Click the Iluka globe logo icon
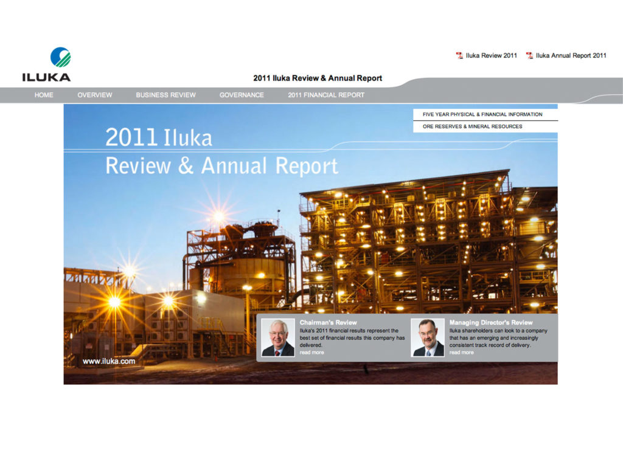[60, 57]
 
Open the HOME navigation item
[44, 95]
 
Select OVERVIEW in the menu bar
[94, 95]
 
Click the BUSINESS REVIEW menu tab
[165, 95]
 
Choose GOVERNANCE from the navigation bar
[242, 95]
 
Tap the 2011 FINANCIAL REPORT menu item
[326, 95]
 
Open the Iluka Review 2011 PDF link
[491, 55]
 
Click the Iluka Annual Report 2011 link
[571, 55]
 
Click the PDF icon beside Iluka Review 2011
[459, 55]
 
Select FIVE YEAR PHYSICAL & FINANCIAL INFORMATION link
[482, 114]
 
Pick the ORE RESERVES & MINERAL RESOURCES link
[472, 126]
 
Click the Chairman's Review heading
[328, 322]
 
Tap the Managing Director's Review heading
[491, 322]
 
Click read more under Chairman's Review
[311, 352]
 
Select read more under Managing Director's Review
[461, 352]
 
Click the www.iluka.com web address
[109, 361]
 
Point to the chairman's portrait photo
[277, 337]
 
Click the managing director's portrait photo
[428, 337]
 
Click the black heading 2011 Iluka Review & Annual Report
[318, 78]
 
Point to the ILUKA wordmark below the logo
[46, 77]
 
